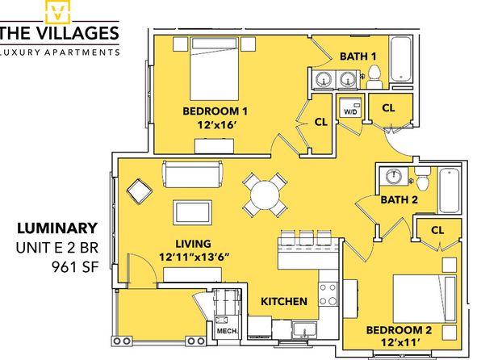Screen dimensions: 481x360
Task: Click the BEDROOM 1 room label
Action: pyautogui.click(x=215, y=111)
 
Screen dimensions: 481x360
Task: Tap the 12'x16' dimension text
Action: pyautogui.click(x=217, y=125)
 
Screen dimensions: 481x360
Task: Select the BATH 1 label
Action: pyautogui.click(x=358, y=57)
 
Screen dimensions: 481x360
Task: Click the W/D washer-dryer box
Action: pyautogui.click(x=350, y=107)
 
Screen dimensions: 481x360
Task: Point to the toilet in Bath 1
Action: pyautogui.click(x=374, y=77)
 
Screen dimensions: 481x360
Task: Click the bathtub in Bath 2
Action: pyautogui.click(x=449, y=190)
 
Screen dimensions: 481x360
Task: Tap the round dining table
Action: pyautogui.click(x=265, y=195)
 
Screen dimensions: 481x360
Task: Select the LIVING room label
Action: pyautogui.click(x=193, y=244)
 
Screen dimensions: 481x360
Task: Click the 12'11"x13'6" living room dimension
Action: pyautogui.click(x=194, y=257)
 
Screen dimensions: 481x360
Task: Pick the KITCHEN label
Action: pyautogui.click(x=284, y=301)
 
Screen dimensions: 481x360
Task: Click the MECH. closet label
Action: pyautogui.click(x=227, y=331)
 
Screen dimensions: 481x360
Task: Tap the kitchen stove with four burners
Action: pyautogui.click(x=328, y=294)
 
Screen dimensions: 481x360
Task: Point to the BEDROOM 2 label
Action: pyautogui.click(x=399, y=330)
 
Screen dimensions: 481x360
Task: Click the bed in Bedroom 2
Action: pyautogui.click(x=425, y=299)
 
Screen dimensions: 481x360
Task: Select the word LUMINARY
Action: pyautogui.click(x=57, y=228)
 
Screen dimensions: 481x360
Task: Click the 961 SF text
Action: pyautogui.click(x=75, y=267)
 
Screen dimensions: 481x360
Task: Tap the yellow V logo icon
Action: pyautogui.click(x=57, y=11)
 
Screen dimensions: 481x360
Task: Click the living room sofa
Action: pyautogui.click(x=193, y=174)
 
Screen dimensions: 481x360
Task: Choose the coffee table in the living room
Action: pyautogui.click(x=192, y=212)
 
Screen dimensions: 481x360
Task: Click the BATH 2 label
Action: pyautogui.click(x=399, y=200)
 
